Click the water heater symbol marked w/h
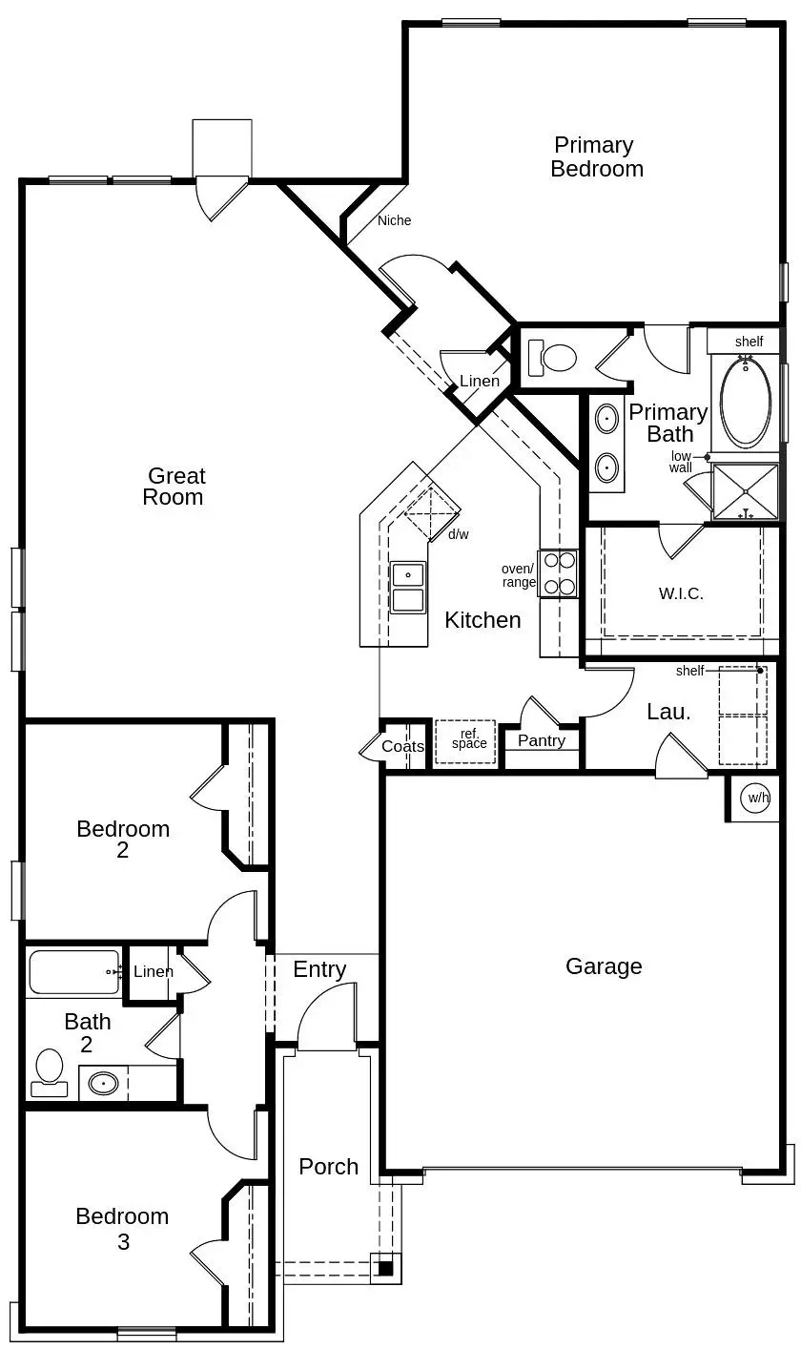point(755,798)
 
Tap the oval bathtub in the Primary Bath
point(746,401)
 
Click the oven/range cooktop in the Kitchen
point(558,573)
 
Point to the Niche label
point(394,220)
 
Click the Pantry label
point(541,740)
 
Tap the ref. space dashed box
point(465,741)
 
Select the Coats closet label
point(402,746)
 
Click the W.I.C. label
point(681,592)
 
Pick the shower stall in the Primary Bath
point(746,491)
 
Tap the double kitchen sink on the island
point(408,587)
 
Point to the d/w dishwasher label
point(459,534)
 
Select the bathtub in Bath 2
point(73,972)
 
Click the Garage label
point(604,966)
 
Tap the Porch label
point(328,1167)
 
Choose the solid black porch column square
point(384,1268)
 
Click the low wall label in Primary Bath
point(681,462)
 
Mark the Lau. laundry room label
point(668,711)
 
